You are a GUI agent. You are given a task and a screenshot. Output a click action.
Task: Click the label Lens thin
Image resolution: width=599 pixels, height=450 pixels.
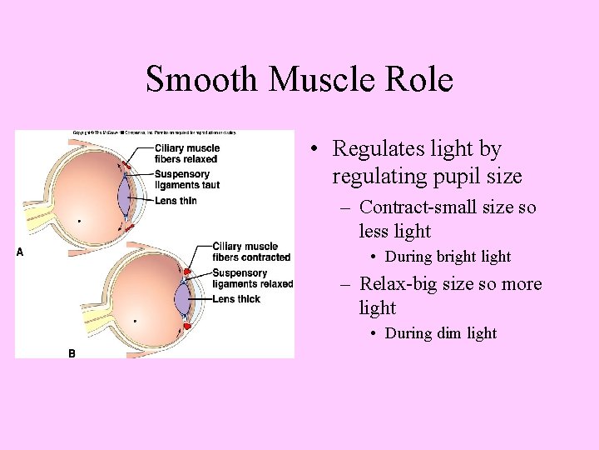176,201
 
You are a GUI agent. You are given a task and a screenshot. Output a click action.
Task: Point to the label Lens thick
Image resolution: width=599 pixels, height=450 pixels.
236,299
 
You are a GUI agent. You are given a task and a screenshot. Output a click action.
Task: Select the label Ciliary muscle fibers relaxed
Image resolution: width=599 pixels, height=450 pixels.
186,153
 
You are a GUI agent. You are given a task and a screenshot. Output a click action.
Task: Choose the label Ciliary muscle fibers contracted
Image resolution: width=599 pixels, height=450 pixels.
250,252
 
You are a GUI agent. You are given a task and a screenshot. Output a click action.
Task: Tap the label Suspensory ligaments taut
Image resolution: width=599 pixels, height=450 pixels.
186,179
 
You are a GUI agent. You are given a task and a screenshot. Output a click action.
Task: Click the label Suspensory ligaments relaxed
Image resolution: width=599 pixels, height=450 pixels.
252,278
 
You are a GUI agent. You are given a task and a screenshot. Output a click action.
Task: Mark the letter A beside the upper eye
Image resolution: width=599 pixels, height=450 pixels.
20,252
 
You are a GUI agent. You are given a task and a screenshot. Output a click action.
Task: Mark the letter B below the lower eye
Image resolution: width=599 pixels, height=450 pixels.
72,353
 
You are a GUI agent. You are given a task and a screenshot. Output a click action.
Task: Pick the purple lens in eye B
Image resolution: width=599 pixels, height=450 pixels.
182,297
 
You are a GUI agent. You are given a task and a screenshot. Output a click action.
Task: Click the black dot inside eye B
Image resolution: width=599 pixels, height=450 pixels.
135,321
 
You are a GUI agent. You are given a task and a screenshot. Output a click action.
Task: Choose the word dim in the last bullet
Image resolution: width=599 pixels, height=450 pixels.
448,333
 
